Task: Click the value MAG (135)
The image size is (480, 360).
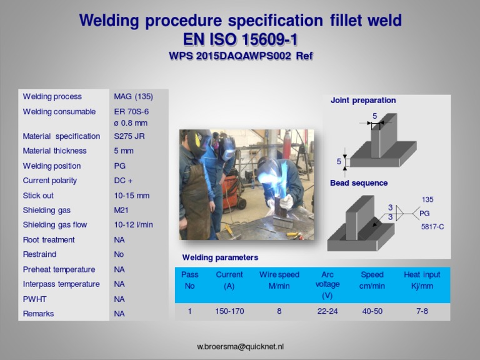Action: (x=133, y=97)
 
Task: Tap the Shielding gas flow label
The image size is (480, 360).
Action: (x=55, y=225)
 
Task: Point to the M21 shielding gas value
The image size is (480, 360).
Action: (x=121, y=211)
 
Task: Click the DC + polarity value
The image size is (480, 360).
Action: (x=123, y=181)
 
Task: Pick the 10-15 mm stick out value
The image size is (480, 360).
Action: (x=132, y=196)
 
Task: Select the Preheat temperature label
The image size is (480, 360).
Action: (x=59, y=269)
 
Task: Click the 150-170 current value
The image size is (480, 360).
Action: (x=229, y=311)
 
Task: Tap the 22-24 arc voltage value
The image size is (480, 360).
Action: (x=327, y=311)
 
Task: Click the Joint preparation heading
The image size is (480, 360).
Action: (x=363, y=100)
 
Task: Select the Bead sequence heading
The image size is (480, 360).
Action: (x=359, y=183)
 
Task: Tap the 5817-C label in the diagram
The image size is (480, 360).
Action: (x=432, y=227)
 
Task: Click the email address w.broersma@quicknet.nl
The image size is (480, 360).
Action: (x=240, y=347)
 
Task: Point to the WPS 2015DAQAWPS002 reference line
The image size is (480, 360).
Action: (x=240, y=56)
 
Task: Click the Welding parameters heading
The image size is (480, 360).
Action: (x=220, y=257)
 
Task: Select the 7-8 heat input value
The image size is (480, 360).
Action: (x=422, y=311)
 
